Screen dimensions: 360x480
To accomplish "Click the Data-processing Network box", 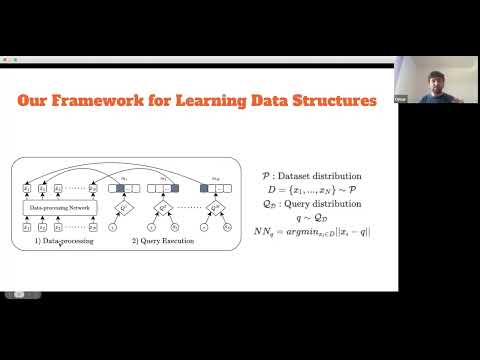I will click(x=56, y=207).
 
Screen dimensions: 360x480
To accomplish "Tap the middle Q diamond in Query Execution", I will click(x=167, y=207).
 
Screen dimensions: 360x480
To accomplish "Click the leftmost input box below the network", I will click(x=27, y=228).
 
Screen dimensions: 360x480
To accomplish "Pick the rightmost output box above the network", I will click(x=93, y=187).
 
